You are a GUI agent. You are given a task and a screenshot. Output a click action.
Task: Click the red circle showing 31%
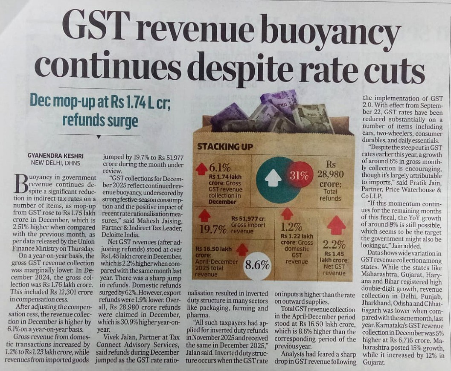(x=300, y=175)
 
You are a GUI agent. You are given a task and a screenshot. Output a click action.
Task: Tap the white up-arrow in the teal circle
(x=273, y=179)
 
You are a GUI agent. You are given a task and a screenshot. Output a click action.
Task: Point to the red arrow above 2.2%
(x=336, y=225)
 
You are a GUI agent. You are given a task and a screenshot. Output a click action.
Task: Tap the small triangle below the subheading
(x=99, y=137)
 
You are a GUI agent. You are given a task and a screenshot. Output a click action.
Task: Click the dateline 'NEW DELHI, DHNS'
(x=55, y=163)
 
